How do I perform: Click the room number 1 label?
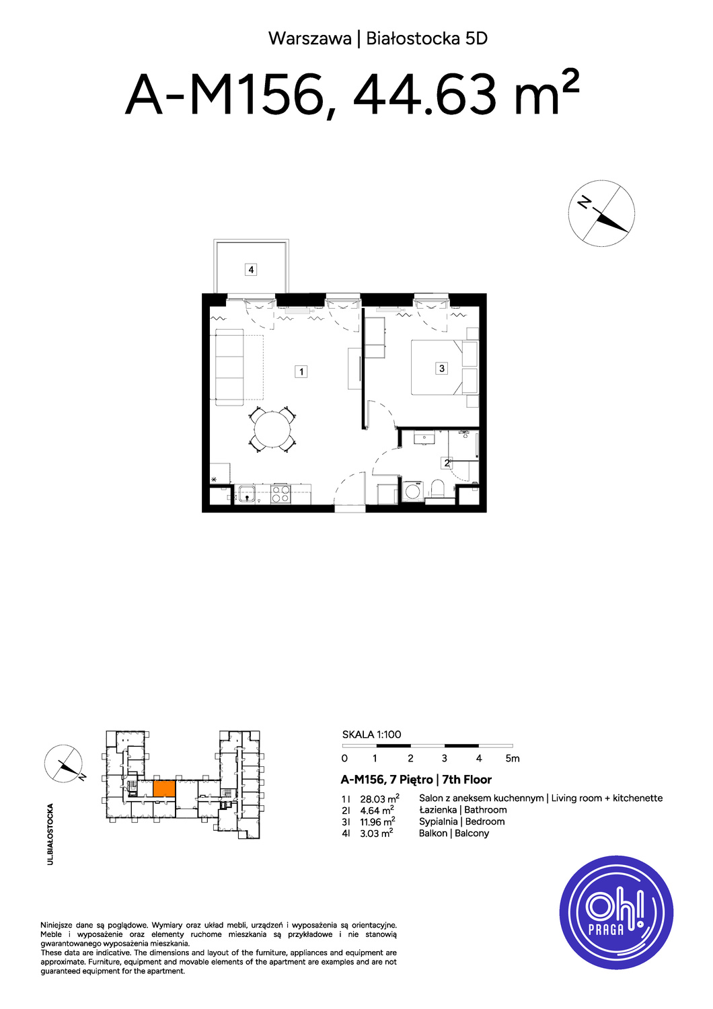301,371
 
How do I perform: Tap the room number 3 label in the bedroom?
441,369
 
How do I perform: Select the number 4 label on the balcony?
251,270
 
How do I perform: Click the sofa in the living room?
229,367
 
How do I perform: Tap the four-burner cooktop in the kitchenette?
280,494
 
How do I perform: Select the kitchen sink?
247,494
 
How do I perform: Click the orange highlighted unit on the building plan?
164,788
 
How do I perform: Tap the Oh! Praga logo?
616,911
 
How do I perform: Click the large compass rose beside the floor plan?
601,213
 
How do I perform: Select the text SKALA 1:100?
371,735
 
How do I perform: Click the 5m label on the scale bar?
513,759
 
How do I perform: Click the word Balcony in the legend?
472,833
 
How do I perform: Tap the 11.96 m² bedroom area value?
377,821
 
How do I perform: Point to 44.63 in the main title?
424,96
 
